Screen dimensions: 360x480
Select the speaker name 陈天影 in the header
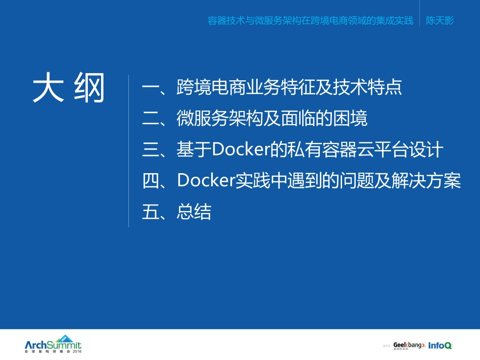(x=440, y=21)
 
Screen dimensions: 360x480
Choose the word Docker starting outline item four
(x=206, y=181)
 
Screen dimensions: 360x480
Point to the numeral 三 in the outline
(x=151, y=150)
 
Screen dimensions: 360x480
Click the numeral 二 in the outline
(x=151, y=119)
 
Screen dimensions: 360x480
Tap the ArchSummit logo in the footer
(x=53, y=343)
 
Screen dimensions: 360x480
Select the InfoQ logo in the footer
(x=440, y=345)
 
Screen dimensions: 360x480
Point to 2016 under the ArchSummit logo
(x=76, y=351)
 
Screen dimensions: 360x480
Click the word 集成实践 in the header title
(x=396, y=21)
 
